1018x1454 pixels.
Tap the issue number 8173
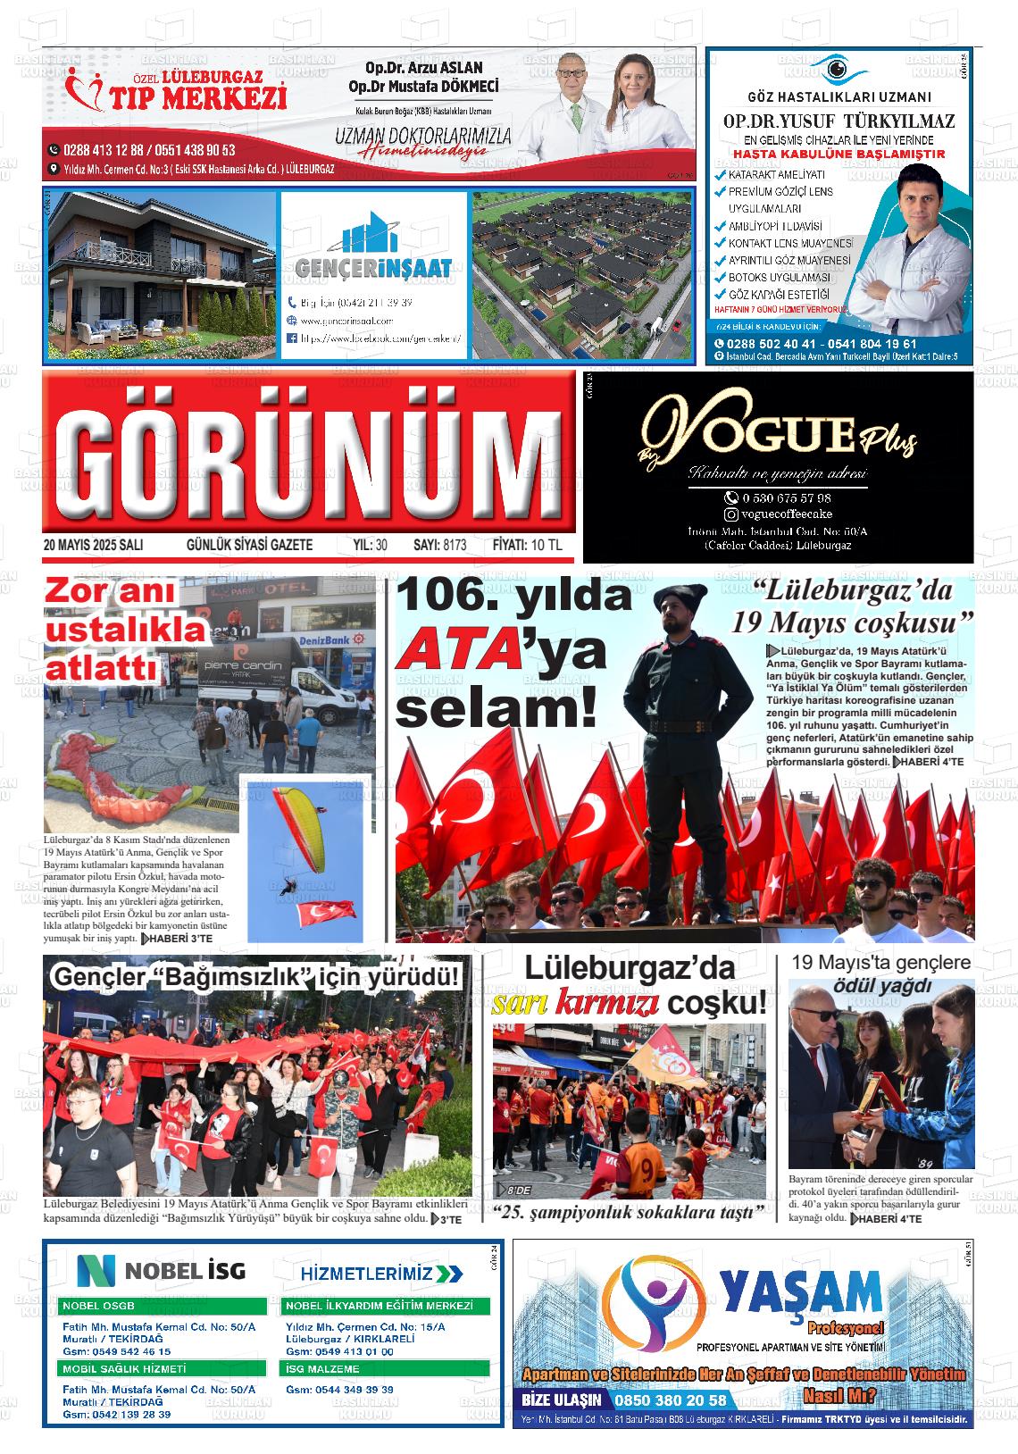(455, 545)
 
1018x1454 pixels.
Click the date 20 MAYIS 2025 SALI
(94, 545)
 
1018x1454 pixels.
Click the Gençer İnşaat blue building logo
(373, 237)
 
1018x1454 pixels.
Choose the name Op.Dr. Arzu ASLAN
(424, 69)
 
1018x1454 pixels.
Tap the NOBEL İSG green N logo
(96, 1269)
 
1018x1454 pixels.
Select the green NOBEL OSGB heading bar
(163, 1305)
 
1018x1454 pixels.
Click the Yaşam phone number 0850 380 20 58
(669, 1400)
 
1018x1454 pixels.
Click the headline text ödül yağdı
(881, 986)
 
